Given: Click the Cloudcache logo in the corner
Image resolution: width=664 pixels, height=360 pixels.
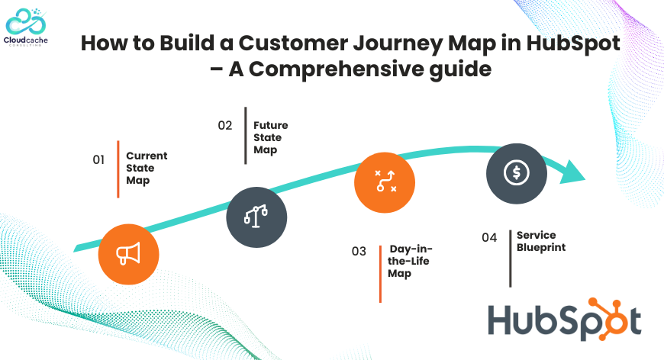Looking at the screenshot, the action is (x=25, y=27).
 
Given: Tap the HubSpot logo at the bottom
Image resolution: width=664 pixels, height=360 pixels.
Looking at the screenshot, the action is (x=565, y=320).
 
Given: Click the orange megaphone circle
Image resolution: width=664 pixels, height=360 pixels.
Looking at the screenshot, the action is (x=129, y=254).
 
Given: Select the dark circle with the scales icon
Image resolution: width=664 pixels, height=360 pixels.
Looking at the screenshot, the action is (x=256, y=217).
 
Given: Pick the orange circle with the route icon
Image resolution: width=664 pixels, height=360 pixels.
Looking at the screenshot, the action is (x=385, y=182).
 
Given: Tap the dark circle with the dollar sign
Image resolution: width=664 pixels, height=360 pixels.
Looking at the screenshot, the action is (x=517, y=173).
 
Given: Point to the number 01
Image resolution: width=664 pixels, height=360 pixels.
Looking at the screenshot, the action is (x=98, y=159).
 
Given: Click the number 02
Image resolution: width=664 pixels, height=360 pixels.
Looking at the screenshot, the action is (x=225, y=125).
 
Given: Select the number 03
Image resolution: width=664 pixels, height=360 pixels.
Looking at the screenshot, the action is (x=359, y=251).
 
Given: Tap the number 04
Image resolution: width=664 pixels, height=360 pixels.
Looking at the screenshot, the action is (x=489, y=237).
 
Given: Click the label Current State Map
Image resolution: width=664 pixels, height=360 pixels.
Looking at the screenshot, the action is (x=147, y=168).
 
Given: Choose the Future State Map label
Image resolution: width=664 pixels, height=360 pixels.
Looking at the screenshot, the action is (x=271, y=137).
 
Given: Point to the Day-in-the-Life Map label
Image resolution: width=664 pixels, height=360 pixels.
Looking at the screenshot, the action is (x=410, y=261).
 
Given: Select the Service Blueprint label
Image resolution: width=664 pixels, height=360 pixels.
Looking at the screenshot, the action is (x=541, y=241).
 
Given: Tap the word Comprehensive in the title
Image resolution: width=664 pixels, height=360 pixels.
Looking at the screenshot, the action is (x=337, y=69).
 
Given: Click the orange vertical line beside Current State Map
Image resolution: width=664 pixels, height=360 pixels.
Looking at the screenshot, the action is (x=118, y=169).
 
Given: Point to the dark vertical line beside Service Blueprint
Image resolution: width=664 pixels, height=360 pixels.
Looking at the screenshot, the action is (x=511, y=259).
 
